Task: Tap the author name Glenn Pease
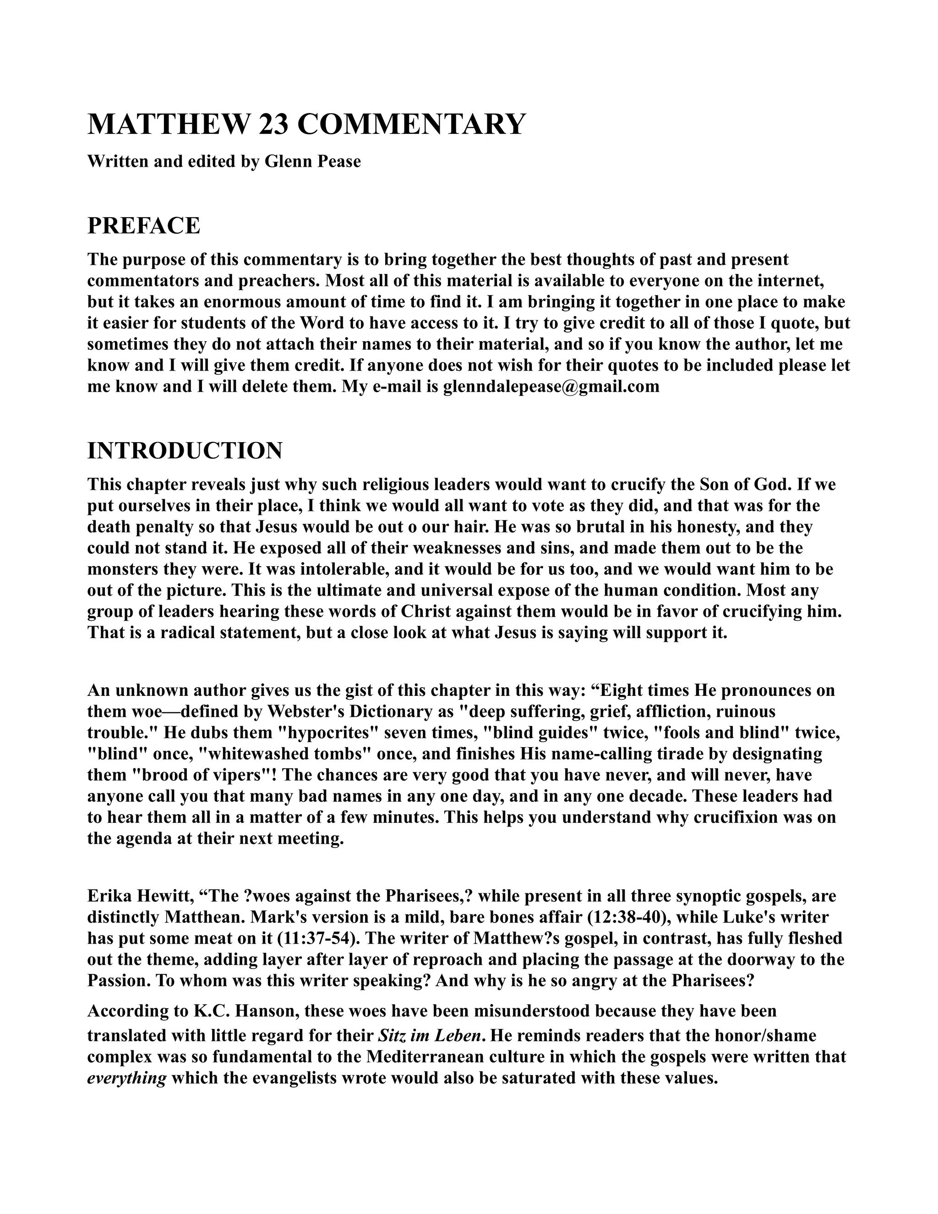pyautogui.click(x=313, y=161)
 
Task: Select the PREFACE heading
pyautogui.click(x=143, y=226)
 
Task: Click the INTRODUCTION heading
pyautogui.click(x=185, y=450)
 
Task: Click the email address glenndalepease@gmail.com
pyautogui.click(x=551, y=386)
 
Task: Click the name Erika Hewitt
pyautogui.click(x=138, y=896)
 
